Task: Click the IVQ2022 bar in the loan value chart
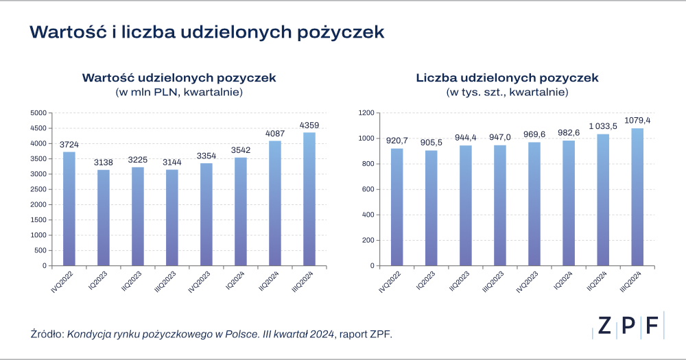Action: coord(69,208)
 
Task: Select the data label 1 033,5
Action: coord(603,127)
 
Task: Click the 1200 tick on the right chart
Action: coord(368,113)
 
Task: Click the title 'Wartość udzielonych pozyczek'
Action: coord(179,77)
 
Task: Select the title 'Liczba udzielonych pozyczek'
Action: coord(507,77)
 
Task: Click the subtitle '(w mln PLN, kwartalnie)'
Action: coord(179,91)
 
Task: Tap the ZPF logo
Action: coord(627,326)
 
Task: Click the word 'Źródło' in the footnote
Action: coord(46,334)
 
